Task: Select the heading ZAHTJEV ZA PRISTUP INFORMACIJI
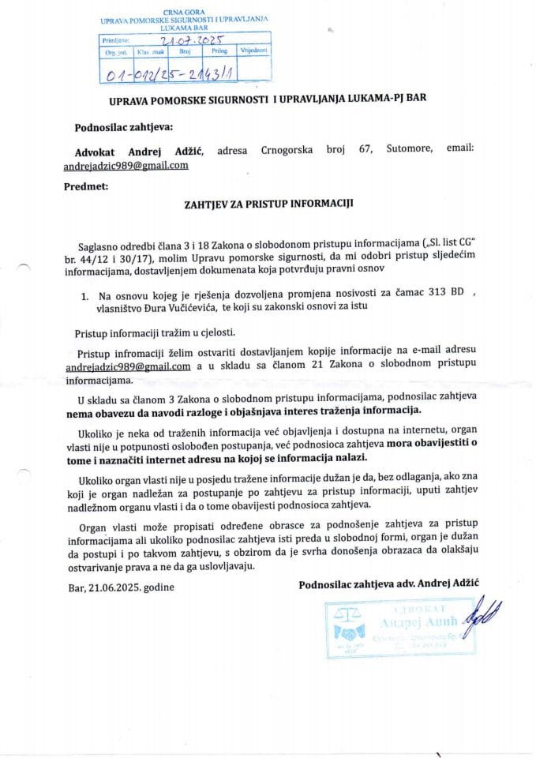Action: (x=269, y=203)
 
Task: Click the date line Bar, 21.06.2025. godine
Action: (x=119, y=587)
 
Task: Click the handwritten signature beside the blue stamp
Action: (x=477, y=613)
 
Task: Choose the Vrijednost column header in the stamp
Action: (x=253, y=52)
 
